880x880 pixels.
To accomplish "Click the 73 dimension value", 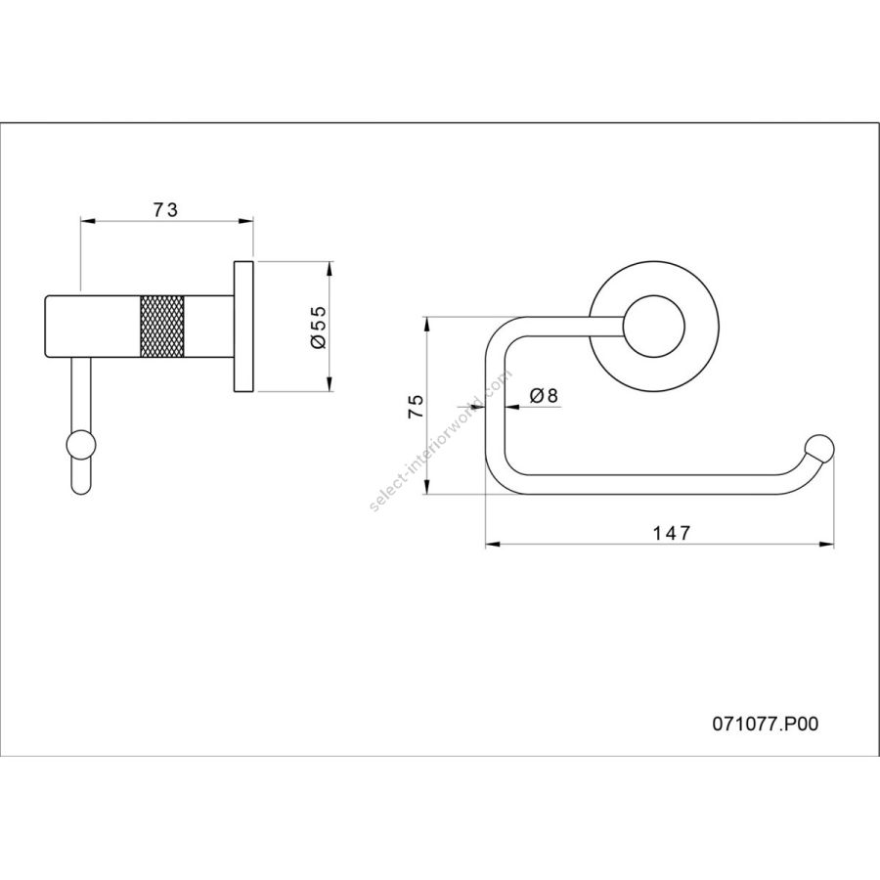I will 165,208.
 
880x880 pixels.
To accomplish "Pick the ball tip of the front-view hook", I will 819,452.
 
